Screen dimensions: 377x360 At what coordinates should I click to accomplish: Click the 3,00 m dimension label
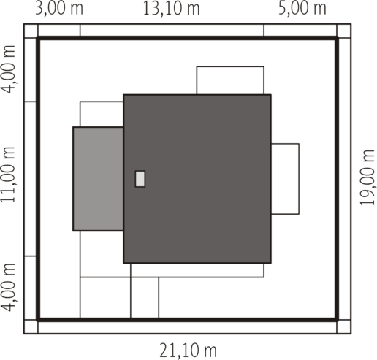(x=59, y=9)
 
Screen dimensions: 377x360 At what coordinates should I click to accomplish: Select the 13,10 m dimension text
(x=171, y=9)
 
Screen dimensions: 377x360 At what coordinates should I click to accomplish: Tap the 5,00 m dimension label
(x=302, y=9)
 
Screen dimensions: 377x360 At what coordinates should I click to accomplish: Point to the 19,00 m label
(x=367, y=177)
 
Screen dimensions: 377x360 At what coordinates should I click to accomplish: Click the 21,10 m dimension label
(x=188, y=351)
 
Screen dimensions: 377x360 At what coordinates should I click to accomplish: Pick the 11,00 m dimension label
(x=9, y=175)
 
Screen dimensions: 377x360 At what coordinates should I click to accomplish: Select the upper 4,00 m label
(x=9, y=69)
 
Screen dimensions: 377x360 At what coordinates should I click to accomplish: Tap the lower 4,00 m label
(x=9, y=288)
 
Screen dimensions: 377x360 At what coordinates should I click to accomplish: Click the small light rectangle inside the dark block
(x=140, y=179)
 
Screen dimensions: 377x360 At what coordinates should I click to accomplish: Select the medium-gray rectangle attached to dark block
(x=98, y=179)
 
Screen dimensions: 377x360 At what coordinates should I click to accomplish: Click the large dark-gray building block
(x=197, y=179)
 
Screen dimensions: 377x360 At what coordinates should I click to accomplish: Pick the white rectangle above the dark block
(x=230, y=80)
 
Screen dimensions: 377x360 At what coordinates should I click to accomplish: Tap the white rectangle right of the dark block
(x=285, y=179)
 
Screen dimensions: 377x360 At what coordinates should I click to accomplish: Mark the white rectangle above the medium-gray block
(x=102, y=114)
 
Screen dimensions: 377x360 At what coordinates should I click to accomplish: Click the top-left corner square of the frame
(x=31, y=31)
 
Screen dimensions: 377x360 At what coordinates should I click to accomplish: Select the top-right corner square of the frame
(x=344, y=31)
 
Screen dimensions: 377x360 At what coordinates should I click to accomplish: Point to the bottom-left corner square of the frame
(x=31, y=326)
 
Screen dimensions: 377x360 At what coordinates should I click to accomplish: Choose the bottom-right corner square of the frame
(x=344, y=326)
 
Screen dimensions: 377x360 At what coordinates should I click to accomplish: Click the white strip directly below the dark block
(x=197, y=270)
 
